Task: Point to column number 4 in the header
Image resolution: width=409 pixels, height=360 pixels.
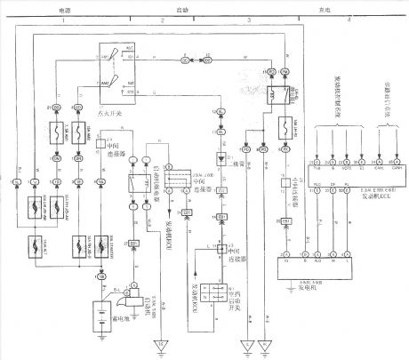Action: tap(349, 18)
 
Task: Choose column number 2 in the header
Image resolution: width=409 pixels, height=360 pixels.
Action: tap(163, 18)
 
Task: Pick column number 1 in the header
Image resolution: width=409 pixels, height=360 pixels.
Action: tap(63, 18)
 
